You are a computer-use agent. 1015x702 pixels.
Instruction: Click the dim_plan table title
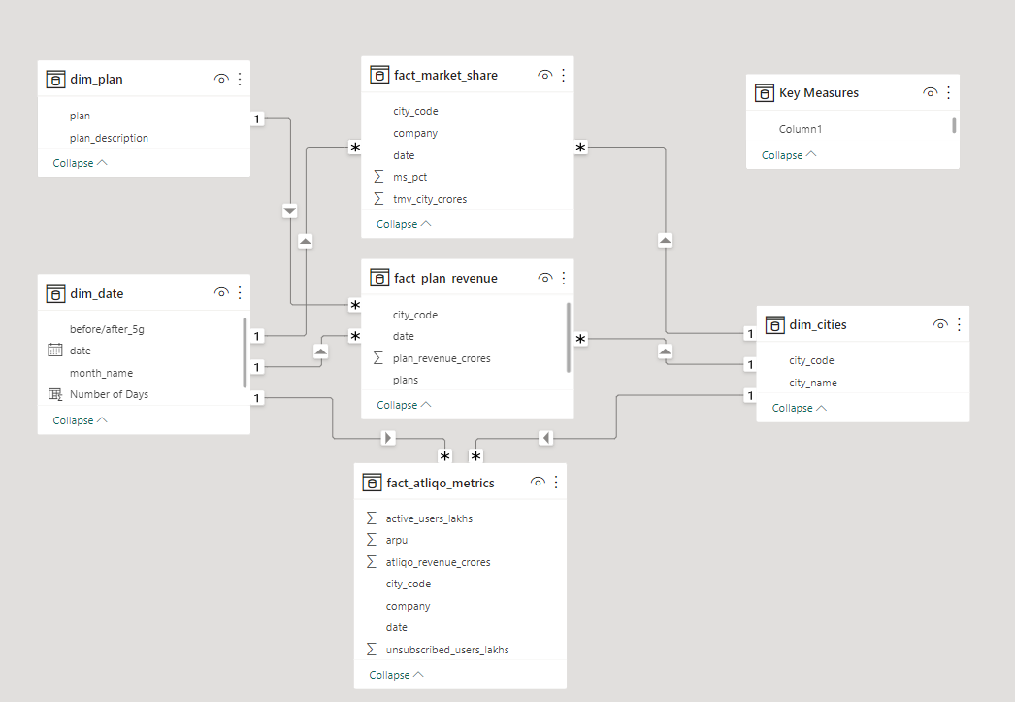click(x=96, y=80)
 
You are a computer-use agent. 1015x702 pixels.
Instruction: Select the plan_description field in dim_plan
click(x=109, y=138)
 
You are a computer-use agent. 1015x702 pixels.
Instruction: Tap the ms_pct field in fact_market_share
click(x=409, y=177)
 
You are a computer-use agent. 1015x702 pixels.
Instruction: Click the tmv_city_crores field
click(x=430, y=199)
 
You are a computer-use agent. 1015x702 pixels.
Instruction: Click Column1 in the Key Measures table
click(x=801, y=129)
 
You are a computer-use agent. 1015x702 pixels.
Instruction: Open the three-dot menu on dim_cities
click(x=959, y=324)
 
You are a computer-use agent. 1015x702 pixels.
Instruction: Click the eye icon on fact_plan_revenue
click(x=545, y=278)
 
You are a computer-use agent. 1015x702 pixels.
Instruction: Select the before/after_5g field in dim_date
click(x=107, y=329)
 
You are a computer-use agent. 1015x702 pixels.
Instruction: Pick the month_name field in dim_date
click(x=101, y=373)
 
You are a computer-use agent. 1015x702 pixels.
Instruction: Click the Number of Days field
click(x=109, y=394)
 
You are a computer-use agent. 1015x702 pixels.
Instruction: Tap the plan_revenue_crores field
click(x=442, y=358)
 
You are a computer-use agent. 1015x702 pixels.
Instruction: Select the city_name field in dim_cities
click(x=812, y=383)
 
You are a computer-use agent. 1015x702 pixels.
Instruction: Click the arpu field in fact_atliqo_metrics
click(x=398, y=540)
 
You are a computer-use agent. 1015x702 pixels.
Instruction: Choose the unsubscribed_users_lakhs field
click(x=447, y=650)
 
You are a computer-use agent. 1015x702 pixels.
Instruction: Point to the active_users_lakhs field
click(x=429, y=518)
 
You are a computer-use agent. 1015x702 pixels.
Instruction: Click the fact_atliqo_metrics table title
click(x=440, y=483)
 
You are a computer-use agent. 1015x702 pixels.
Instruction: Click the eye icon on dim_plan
click(x=221, y=80)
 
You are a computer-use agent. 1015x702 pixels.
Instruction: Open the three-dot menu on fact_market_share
click(x=563, y=75)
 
